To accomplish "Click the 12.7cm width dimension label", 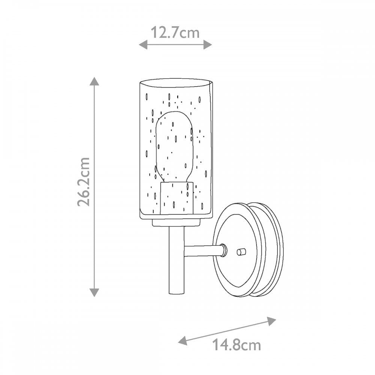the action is tap(175, 33).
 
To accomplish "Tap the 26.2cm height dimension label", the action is tap(84, 181).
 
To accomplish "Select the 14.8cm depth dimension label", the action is tap(236, 345).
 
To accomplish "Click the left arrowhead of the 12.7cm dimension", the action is tap(143, 45).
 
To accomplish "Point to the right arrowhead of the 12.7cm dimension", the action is tap(208, 45).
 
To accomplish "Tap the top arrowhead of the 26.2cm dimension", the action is tap(94, 81).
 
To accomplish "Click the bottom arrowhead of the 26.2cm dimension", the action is tap(94, 292).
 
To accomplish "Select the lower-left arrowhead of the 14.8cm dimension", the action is tap(183, 340).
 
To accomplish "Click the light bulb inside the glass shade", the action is tap(174, 147).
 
